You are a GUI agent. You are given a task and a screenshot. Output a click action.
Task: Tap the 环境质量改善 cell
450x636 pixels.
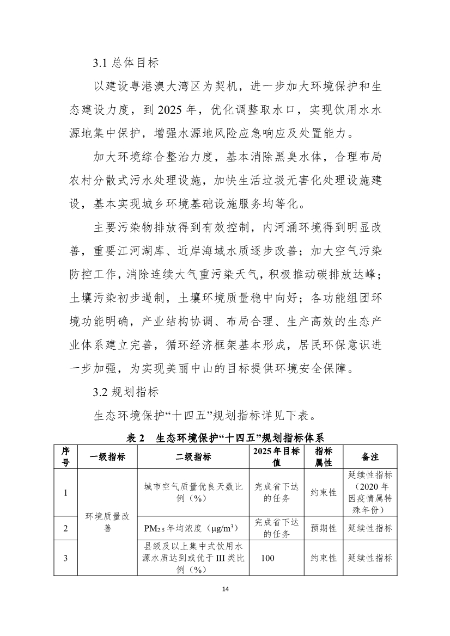[x=107, y=522]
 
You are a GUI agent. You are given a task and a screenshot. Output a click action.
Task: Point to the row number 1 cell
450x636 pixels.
[x=65, y=493]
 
